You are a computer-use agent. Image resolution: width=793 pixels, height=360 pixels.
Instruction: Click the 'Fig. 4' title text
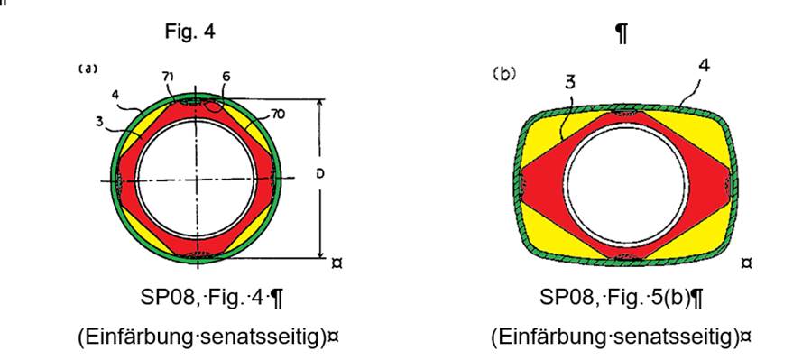click(189, 32)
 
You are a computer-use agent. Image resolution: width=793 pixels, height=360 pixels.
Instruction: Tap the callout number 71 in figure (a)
click(168, 77)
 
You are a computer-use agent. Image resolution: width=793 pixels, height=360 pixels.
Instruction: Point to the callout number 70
click(278, 115)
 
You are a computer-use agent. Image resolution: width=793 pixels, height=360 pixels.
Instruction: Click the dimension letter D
click(320, 174)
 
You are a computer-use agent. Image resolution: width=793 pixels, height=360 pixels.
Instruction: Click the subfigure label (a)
click(88, 69)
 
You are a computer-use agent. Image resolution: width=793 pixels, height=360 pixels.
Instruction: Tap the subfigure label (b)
click(504, 74)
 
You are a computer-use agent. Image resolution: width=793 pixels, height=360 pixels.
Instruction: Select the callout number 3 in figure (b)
click(570, 82)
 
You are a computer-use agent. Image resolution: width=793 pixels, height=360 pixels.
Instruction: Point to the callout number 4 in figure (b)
click(704, 66)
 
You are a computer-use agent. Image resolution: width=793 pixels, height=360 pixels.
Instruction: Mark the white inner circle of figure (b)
click(627, 183)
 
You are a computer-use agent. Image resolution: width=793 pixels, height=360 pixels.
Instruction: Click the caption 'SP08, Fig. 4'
click(211, 299)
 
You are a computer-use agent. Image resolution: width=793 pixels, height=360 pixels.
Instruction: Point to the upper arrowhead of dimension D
click(319, 104)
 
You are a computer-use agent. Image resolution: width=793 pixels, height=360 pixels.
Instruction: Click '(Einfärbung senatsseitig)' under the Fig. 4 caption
click(208, 337)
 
